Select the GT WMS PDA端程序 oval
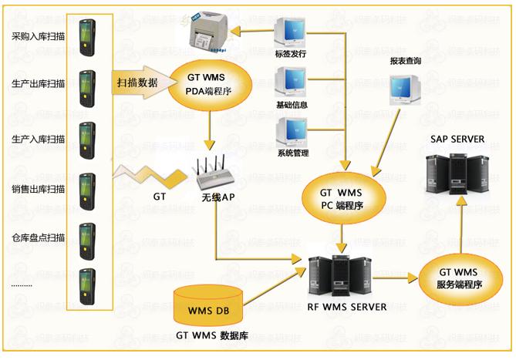pos(210,84)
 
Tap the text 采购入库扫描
pos(39,36)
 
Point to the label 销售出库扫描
pos(39,189)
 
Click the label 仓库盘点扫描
pos(39,237)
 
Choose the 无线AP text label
pos(218,197)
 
